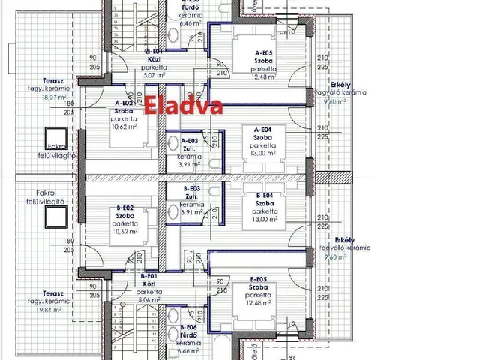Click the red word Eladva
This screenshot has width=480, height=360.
[184, 105]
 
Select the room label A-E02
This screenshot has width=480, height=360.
[124, 103]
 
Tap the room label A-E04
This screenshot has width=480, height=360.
[262, 130]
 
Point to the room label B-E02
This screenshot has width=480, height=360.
[125, 207]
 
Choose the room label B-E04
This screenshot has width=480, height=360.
[262, 195]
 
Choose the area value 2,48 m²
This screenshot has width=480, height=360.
[264, 76]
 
